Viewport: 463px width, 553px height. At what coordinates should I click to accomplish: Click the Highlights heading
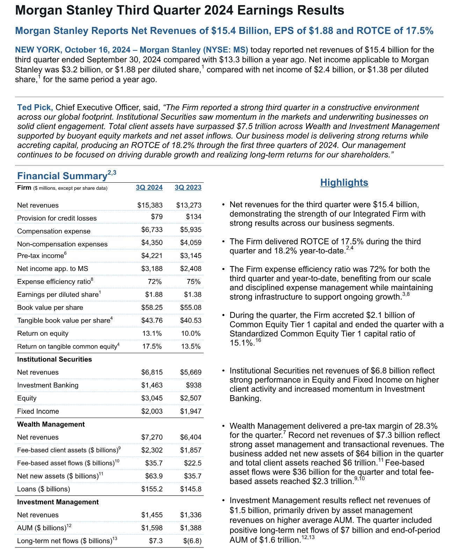[x=344, y=183]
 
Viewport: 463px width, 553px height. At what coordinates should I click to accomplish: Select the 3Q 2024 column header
[x=149, y=188]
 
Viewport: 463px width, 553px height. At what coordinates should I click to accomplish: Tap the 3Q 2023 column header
[x=188, y=188]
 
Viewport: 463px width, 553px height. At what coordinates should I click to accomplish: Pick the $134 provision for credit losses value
[x=194, y=217]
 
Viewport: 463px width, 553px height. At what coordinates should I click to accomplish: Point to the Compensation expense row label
[x=54, y=231]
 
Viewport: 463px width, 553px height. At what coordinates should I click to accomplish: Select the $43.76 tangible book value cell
[x=152, y=321]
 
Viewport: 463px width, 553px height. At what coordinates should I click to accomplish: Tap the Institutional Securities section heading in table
[x=55, y=359]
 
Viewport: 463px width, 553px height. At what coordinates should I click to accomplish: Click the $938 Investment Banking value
[x=194, y=385]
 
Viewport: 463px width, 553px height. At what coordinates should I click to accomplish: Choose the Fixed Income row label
[x=38, y=412]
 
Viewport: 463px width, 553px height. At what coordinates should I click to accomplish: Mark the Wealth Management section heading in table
[x=51, y=425]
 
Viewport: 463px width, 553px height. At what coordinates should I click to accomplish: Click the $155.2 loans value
[x=152, y=489]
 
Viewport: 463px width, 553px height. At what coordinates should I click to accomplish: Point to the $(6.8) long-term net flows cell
[x=192, y=541]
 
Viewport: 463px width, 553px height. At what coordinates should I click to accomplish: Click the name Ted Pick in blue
[x=35, y=107]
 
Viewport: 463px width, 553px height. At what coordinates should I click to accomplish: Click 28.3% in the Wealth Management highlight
[x=424, y=426]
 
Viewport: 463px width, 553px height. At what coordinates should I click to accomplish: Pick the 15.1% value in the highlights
[x=241, y=343]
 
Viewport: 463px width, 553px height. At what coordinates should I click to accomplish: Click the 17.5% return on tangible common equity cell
[x=152, y=346]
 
